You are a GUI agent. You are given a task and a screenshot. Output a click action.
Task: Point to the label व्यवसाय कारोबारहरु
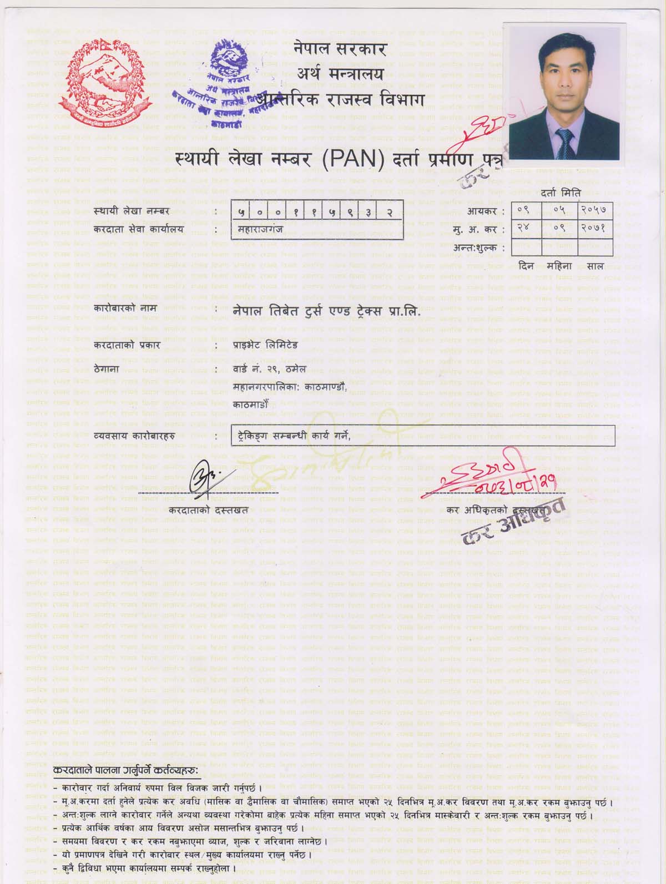(135, 436)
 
